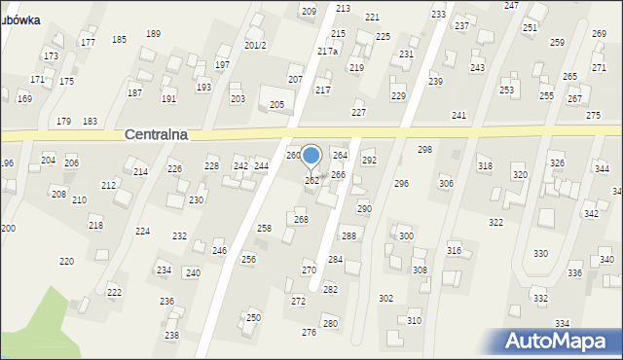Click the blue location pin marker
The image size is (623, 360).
point(311,156)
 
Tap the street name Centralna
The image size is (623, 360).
point(157,136)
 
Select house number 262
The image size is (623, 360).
point(312,181)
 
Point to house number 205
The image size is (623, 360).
point(276,105)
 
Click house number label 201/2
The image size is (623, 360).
point(255,46)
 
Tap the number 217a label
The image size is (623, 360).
point(327,51)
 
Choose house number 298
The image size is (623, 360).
point(424,150)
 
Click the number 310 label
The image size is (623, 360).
point(414,321)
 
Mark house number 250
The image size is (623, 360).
point(253,318)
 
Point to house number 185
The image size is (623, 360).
point(119,40)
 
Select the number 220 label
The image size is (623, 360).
point(66,262)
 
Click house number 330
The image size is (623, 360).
point(540,254)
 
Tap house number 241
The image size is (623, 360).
point(458,116)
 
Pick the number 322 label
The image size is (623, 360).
point(495,223)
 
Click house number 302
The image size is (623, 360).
point(385,299)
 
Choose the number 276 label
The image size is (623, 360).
point(309,333)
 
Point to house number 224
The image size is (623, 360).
point(142,232)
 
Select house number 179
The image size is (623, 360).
point(63,122)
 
